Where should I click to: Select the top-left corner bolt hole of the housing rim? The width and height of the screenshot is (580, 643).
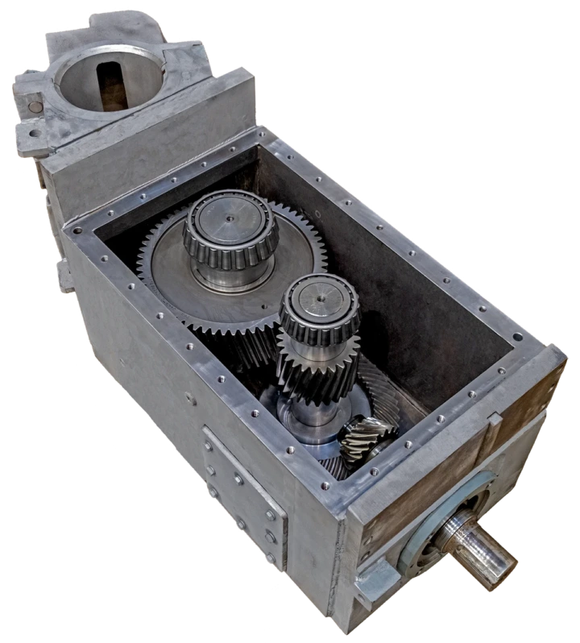(77, 230)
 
